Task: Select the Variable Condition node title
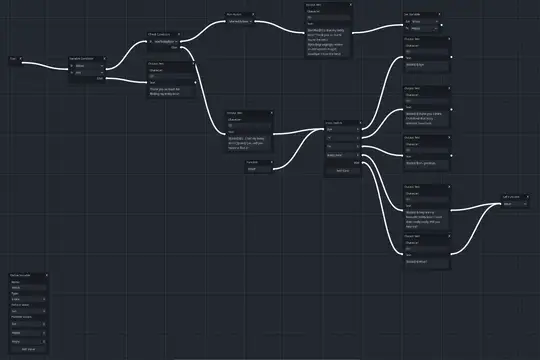pyautogui.click(x=84, y=59)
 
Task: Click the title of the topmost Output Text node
pyautogui.click(x=318, y=5)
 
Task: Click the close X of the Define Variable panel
pyautogui.click(x=43, y=275)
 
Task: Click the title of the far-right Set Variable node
pyautogui.click(x=510, y=197)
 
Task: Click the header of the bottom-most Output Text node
pyautogui.click(x=412, y=236)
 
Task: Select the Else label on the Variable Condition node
pyautogui.click(x=99, y=79)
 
